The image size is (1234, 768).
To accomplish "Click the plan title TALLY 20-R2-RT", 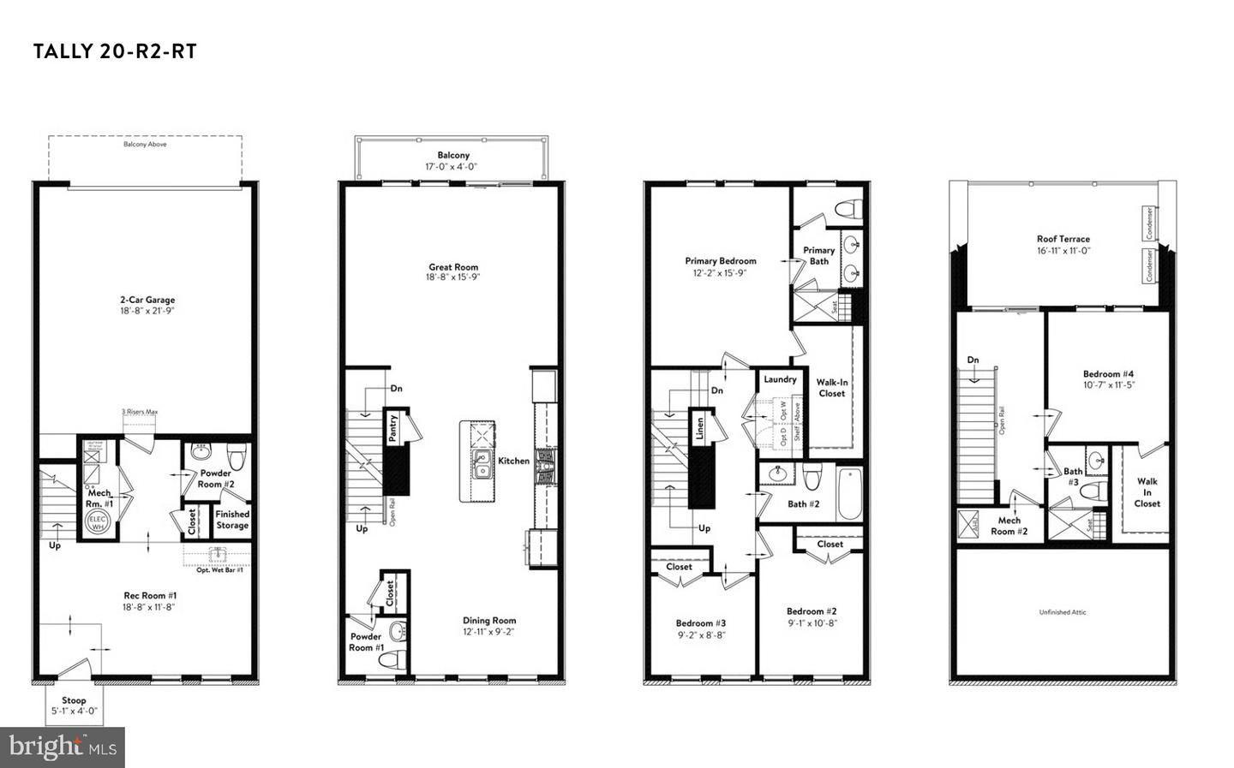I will coord(115,51).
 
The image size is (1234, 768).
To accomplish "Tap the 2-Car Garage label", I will coord(147,300).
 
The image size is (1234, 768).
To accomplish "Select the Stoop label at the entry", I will coord(74,700).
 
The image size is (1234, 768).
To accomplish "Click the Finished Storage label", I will coord(232,520).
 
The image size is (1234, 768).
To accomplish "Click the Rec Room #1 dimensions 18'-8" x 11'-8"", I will coord(149,607).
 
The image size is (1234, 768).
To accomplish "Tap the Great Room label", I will coord(453,267).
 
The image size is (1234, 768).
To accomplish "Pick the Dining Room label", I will coord(489,621).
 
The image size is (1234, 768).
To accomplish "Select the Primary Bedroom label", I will coord(720,261).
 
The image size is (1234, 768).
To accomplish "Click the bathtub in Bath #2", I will coord(849,494).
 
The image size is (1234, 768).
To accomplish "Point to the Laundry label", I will coord(780,379).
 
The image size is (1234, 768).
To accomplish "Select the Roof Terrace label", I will coord(1063,240).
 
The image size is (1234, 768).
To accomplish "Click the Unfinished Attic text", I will coord(1063,612).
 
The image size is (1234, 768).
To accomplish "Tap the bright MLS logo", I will coord(63,747).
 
